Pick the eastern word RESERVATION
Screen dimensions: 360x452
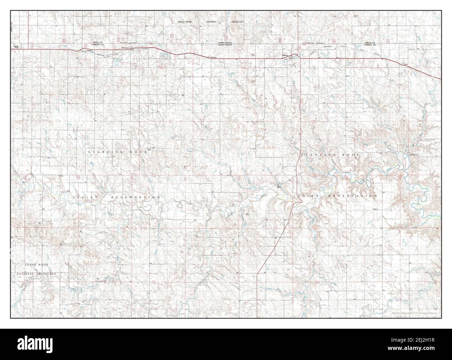tap(353, 196)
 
